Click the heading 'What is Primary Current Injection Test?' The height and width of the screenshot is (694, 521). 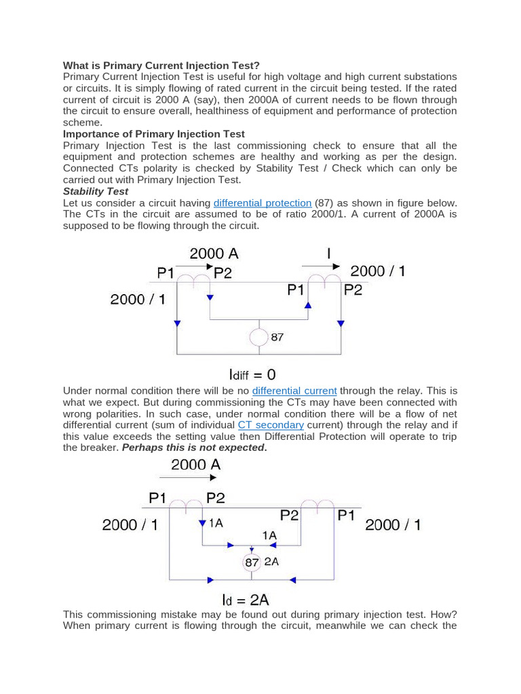tap(161, 65)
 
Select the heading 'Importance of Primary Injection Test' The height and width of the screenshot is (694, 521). tap(154, 134)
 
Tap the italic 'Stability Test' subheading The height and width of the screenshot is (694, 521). tap(95, 192)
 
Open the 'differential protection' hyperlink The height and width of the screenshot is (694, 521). tap(263, 203)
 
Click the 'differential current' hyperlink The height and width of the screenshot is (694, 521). tap(294, 391)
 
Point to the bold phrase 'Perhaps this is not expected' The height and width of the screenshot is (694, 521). tap(193, 448)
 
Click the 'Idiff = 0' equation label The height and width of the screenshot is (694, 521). tap(252, 374)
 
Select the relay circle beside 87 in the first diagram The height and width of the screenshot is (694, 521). tap(258, 337)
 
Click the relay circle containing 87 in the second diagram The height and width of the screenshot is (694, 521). tap(252, 563)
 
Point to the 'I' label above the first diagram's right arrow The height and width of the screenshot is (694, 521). tap(329, 254)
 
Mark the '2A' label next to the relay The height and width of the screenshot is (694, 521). tap(271, 562)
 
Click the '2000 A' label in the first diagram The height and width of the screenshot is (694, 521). tap(214, 254)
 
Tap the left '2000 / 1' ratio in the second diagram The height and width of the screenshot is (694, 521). tap(130, 524)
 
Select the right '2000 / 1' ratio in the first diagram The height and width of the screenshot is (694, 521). tap(378, 271)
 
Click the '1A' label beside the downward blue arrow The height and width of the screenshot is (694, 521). tap(215, 523)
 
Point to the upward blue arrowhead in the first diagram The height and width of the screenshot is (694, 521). tap(307, 305)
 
